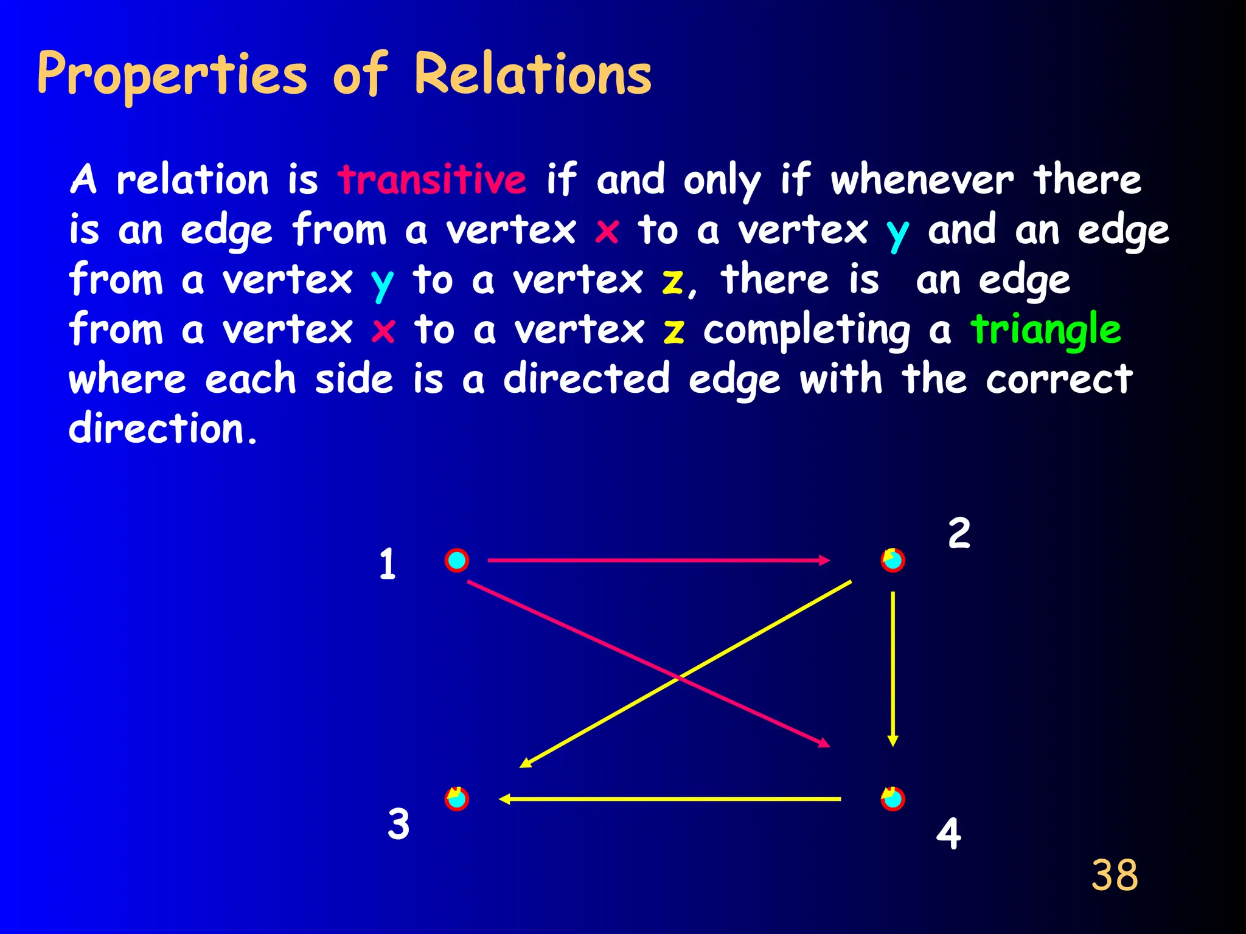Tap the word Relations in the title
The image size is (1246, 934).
(x=532, y=74)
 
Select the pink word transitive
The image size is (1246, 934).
(x=432, y=179)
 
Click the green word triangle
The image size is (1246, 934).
(x=1045, y=329)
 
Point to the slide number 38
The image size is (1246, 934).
(x=1114, y=875)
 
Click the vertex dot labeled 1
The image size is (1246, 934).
(x=456, y=560)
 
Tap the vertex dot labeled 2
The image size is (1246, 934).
(x=893, y=560)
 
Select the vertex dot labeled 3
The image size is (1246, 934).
(x=456, y=798)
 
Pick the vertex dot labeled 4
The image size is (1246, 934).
(x=893, y=799)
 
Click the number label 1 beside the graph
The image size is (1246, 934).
(x=388, y=564)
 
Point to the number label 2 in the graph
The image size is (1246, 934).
(x=959, y=533)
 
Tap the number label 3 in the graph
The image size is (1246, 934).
(x=399, y=824)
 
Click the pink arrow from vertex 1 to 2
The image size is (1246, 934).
(x=657, y=560)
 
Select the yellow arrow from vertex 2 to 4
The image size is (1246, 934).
(x=893, y=669)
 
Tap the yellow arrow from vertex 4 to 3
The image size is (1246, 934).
(x=669, y=799)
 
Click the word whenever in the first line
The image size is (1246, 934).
(x=922, y=180)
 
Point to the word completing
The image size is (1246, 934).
(x=806, y=330)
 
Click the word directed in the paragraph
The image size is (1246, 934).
(x=586, y=379)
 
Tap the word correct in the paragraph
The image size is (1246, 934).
(x=1059, y=379)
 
